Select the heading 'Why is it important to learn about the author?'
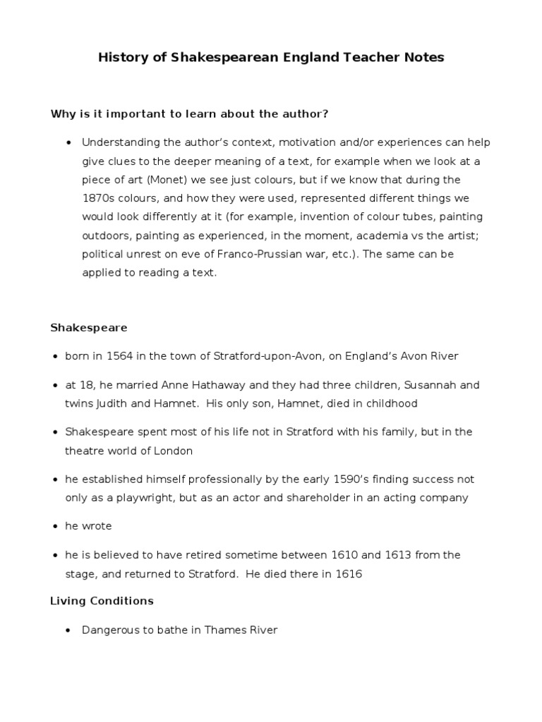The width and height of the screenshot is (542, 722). click(190, 114)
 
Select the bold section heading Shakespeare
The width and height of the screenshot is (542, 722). click(88, 328)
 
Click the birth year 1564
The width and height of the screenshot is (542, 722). click(120, 356)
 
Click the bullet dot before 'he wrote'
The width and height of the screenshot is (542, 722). click(54, 527)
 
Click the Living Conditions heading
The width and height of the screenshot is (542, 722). click(102, 601)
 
